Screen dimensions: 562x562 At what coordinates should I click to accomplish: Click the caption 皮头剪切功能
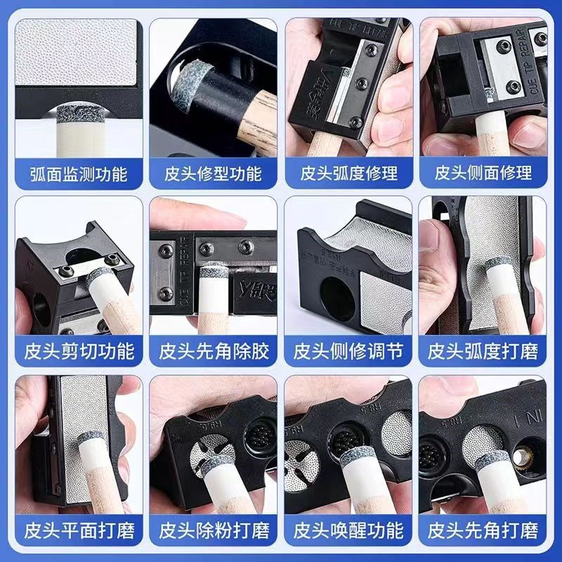[78, 349]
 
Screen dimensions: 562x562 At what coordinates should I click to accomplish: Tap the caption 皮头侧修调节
[348, 349]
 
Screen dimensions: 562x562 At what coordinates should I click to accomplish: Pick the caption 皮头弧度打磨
[483, 349]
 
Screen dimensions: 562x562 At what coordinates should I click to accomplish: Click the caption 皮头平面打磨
[78, 528]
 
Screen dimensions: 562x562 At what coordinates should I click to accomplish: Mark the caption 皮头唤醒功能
[348, 528]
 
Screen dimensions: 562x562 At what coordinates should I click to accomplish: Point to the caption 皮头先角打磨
[483, 528]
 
